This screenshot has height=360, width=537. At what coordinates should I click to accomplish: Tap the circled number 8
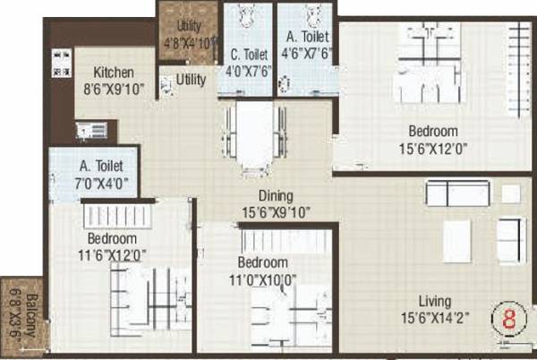pos(508,320)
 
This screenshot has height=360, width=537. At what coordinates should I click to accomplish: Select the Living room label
pos(433,301)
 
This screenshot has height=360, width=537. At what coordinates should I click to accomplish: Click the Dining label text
pos(277,194)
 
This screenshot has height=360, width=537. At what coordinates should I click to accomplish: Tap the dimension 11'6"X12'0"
pos(112,254)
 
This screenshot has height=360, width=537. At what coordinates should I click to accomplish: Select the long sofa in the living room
pos(457,193)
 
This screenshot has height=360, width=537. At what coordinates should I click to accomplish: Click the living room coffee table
pos(456,241)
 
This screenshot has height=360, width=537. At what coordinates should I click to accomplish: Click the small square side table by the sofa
pos(510,193)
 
